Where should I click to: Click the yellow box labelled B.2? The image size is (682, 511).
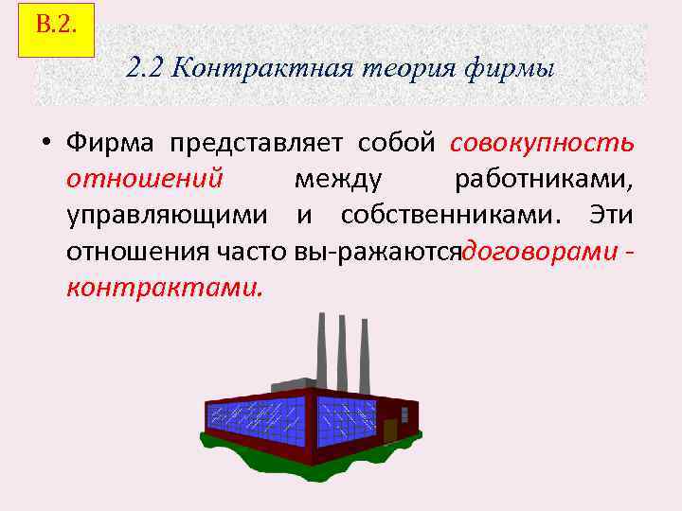point(56,28)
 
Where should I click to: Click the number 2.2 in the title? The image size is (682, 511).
point(145,69)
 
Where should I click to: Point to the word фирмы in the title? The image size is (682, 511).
point(512,69)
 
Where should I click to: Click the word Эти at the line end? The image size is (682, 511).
point(611,215)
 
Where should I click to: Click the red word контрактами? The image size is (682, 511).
point(162,286)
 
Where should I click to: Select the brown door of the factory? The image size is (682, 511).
point(390,431)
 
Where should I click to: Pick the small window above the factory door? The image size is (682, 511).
point(405,414)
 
